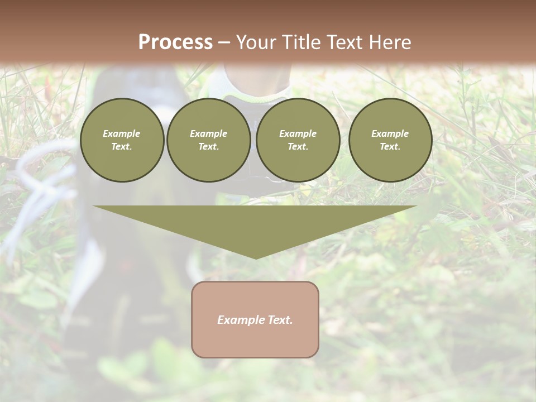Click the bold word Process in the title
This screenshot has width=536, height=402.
click(175, 42)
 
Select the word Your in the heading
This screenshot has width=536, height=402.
click(256, 42)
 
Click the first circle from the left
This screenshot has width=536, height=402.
click(122, 140)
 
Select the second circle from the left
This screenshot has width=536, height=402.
click(209, 140)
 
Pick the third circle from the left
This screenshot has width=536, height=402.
click(298, 140)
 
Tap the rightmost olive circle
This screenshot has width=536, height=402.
click(390, 140)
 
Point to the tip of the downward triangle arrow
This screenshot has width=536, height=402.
click(256, 258)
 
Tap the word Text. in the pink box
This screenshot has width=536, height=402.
click(279, 320)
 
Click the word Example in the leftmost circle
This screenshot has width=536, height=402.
click(122, 133)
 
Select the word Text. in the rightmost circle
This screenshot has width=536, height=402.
click(390, 147)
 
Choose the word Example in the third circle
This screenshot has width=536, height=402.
click(298, 133)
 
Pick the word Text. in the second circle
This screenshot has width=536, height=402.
click(209, 147)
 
